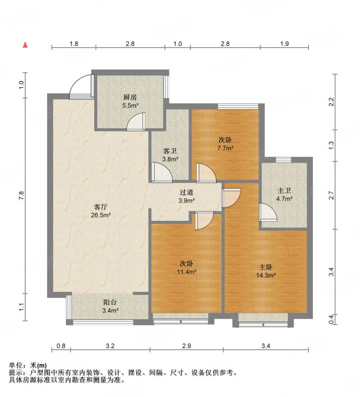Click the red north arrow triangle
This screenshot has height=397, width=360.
point(25,45)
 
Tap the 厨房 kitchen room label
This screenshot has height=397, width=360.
point(130,97)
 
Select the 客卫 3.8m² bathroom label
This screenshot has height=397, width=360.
point(170,155)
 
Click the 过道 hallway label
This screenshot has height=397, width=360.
point(186,193)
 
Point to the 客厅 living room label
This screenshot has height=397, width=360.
point(101,207)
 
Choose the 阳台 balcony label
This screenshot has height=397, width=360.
point(110,302)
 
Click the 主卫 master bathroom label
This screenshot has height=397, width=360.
point(284,191)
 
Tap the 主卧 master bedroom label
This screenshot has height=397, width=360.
point(266,267)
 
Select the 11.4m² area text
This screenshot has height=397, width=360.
point(187,272)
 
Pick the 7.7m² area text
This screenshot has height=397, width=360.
point(225,148)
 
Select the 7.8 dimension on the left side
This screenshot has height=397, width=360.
point(21,196)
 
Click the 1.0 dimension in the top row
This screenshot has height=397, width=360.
point(178,44)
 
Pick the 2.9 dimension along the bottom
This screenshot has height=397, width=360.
point(186,345)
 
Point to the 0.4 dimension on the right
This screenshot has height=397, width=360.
point(331,319)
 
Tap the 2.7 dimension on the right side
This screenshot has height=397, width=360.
point(331,195)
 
